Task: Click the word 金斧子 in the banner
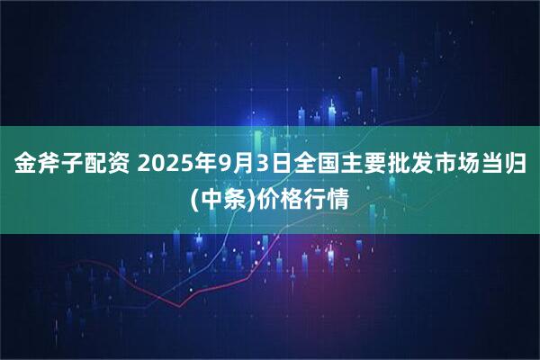[x=47, y=166]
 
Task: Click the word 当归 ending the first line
[x=506, y=166]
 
